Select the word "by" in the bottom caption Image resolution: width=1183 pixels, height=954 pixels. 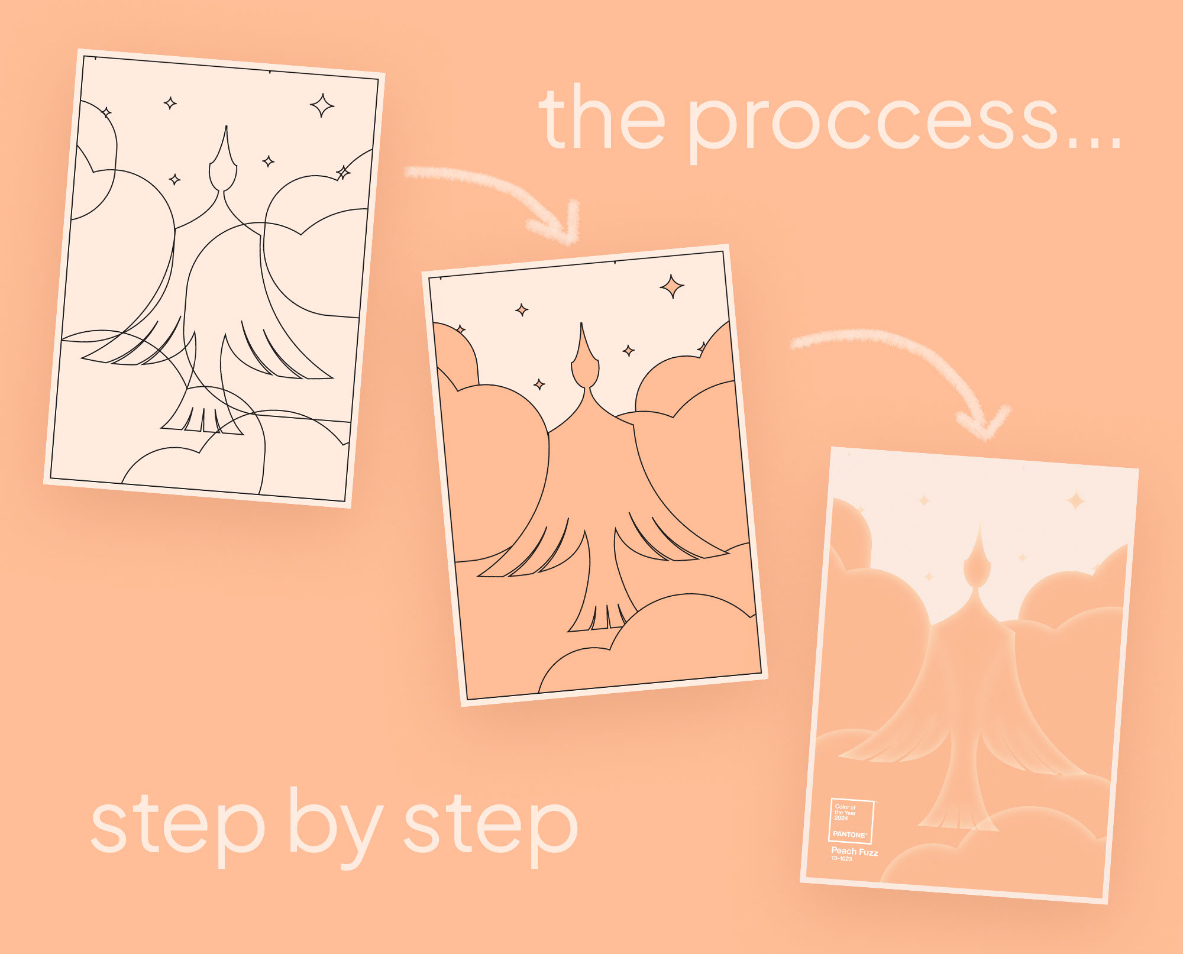[x=336, y=827]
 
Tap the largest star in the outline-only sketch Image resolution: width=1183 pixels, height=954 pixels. [x=322, y=105]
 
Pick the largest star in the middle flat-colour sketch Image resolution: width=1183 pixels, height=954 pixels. [x=672, y=286]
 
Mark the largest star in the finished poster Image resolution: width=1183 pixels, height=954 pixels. [x=1076, y=501]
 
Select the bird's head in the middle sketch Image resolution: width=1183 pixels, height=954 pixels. [x=585, y=358]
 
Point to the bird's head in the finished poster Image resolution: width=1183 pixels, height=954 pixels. [x=977, y=559]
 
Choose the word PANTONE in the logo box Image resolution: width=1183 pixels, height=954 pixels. [x=849, y=834]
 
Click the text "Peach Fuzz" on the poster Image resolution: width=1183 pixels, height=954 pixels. [x=855, y=852]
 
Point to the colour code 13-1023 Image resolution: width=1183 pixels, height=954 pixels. [x=842, y=858]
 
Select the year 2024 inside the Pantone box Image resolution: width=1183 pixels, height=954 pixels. [x=841, y=818]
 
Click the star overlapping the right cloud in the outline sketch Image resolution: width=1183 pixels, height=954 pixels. [x=343, y=172]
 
